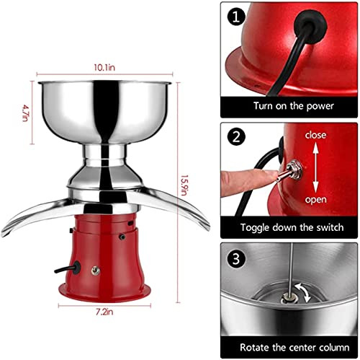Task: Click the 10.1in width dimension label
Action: click(x=104, y=68)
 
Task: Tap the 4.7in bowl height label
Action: click(x=26, y=113)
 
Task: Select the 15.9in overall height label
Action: click(x=184, y=185)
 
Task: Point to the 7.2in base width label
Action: click(x=104, y=312)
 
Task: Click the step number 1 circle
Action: click(x=236, y=17)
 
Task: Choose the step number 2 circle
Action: click(x=236, y=136)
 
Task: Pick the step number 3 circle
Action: click(x=236, y=259)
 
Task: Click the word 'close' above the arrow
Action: click(x=315, y=135)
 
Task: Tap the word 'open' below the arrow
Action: click(x=316, y=200)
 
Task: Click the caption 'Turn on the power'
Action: click(x=294, y=106)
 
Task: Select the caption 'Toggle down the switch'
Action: click(x=292, y=227)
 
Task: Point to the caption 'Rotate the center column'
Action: click(x=294, y=348)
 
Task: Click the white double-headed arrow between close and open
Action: click(x=315, y=167)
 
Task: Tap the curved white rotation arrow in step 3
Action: click(x=304, y=292)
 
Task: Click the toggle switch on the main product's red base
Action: click(x=95, y=271)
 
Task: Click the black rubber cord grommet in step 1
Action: click(x=310, y=26)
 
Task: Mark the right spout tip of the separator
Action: click(x=207, y=227)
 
